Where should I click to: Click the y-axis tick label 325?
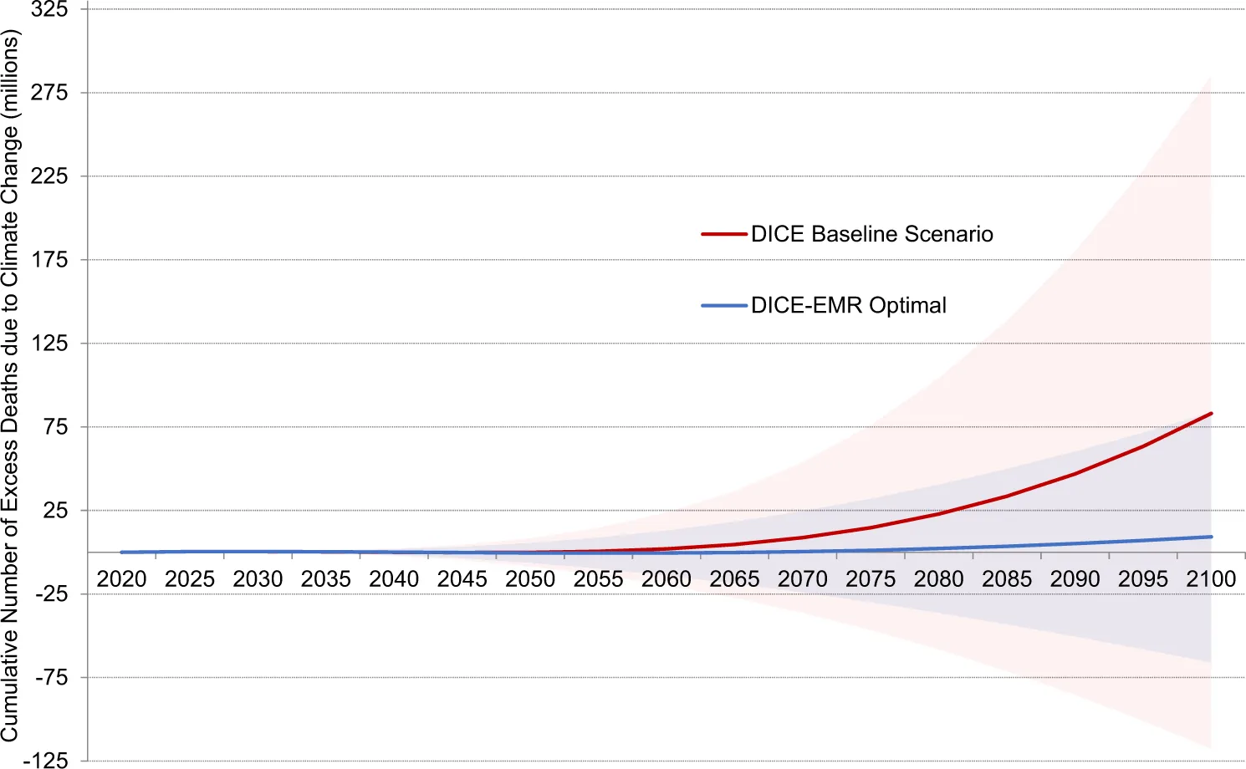click(49, 10)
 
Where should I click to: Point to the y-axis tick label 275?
click(49, 93)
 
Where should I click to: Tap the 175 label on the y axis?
click(49, 260)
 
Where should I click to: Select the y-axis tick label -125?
click(46, 760)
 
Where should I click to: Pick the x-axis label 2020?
click(122, 579)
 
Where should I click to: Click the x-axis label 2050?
click(530, 579)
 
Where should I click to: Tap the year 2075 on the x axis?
click(871, 579)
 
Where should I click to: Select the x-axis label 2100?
click(1211, 579)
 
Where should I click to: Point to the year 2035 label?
click(326, 579)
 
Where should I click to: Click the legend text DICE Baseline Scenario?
click(872, 234)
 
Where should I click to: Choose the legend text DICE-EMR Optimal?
click(849, 305)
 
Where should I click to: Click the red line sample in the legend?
click(724, 234)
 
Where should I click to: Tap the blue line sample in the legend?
click(724, 305)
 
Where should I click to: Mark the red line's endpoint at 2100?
click(1211, 414)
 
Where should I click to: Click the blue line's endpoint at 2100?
click(1211, 537)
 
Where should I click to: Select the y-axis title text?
click(11, 385)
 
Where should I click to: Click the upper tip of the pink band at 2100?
click(1210, 79)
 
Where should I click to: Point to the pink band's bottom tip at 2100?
click(1210, 746)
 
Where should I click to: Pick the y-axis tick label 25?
click(55, 511)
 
